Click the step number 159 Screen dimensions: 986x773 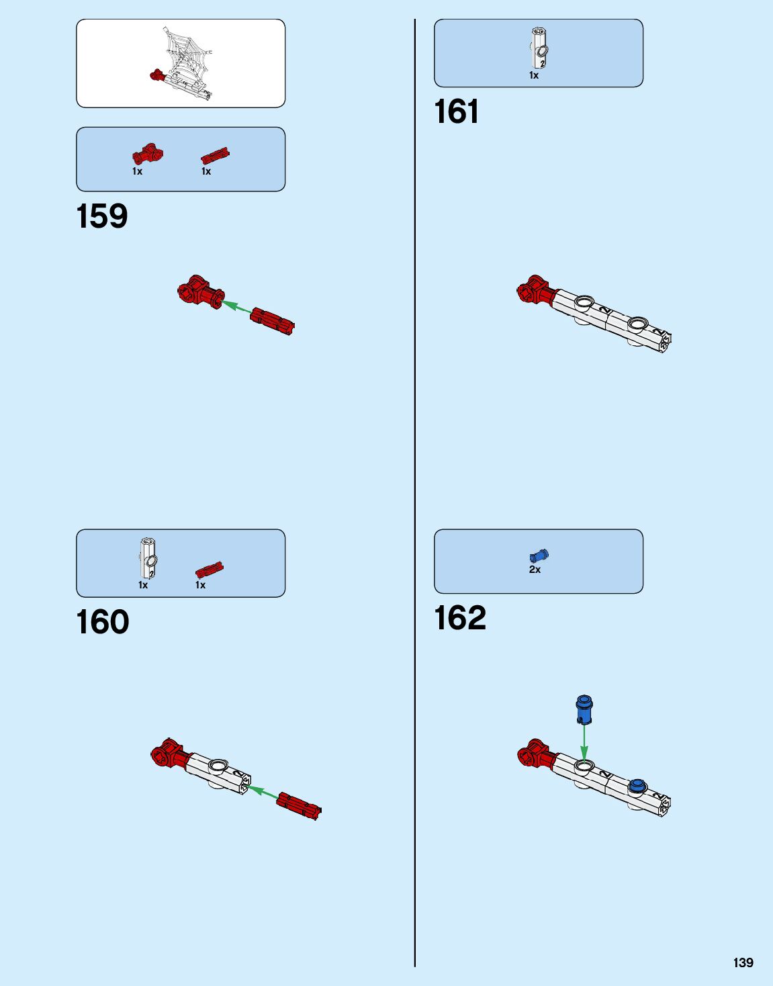pyautogui.click(x=102, y=217)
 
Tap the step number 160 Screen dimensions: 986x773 pyautogui.click(x=103, y=623)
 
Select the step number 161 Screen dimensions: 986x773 pyautogui.click(x=457, y=112)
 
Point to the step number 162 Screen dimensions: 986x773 pyautogui.click(x=460, y=619)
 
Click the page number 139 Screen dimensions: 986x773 pyautogui.click(x=743, y=962)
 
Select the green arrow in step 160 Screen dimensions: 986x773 pyautogui.click(x=263, y=793)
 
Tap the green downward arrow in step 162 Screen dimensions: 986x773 pyautogui.click(x=584, y=742)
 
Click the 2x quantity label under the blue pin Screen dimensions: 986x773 pyautogui.click(x=535, y=570)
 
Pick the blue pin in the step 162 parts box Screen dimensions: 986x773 pyautogui.click(x=539, y=555)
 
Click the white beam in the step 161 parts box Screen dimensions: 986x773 pyautogui.click(x=539, y=48)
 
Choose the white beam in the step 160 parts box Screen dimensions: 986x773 pyautogui.click(x=148, y=558)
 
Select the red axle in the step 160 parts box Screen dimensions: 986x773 pyautogui.click(x=210, y=570)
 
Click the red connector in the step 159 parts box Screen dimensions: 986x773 pyautogui.click(x=148, y=154)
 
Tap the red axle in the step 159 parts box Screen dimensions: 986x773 pyautogui.click(x=215, y=157)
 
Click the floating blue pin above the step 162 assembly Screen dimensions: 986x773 pyautogui.click(x=584, y=709)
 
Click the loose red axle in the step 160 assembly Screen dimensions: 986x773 pyautogui.click(x=299, y=806)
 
